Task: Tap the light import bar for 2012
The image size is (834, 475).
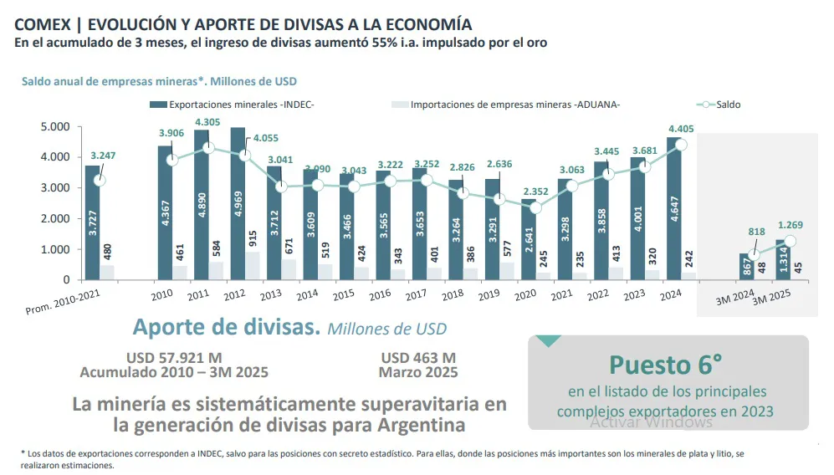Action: [253, 265]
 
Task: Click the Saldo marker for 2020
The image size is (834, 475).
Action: [536, 207]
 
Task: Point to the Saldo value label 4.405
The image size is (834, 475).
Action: [682, 129]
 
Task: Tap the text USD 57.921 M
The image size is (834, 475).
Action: [174, 358]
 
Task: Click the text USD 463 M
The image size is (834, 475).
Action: [418, 358]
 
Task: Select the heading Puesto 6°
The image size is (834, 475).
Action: [666, 365]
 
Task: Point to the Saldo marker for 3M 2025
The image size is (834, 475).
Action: [790, 241]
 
